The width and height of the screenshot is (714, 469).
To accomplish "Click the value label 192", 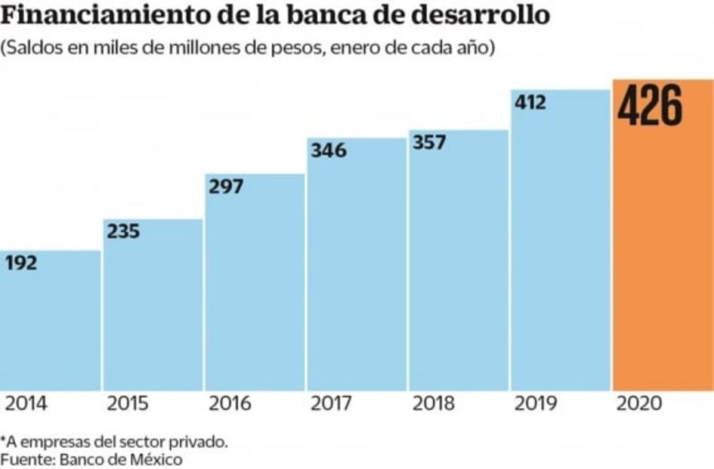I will pos(21,263).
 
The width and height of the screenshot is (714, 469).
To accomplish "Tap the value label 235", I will pos(123,231).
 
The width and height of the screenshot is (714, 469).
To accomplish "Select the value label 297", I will pos(226,186).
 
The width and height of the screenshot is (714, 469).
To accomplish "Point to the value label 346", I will pos(329,151).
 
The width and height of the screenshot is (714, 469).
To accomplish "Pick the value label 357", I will pos(430,142).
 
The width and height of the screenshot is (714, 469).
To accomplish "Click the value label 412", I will pos(530,102).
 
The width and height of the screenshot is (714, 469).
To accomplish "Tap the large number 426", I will pos(650,106).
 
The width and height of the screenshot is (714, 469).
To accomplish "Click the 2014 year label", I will pos(26,404).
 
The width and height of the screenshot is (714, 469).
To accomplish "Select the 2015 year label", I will pos(128,404).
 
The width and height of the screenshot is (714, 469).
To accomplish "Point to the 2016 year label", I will pos(230,404).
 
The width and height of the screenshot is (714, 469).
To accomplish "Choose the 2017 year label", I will pos(332,404).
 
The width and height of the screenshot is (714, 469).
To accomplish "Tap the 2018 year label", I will pos(434,404).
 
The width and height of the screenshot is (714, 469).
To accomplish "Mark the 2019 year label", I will pos(536,404).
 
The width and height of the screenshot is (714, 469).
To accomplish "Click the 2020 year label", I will pos(639,404).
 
